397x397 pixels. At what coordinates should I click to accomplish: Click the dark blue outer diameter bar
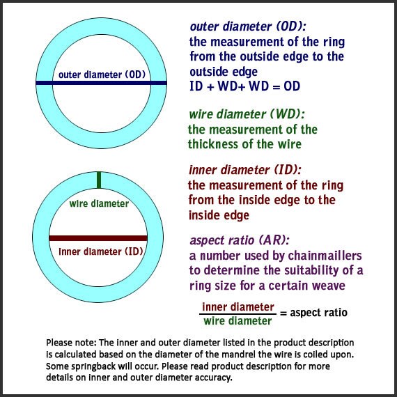pos(101,83)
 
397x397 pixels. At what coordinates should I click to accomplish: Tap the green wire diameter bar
pos(99,180)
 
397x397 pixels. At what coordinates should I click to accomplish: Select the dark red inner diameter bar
pos(98,238)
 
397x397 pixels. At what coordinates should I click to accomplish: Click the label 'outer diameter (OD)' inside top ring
pos(102,75)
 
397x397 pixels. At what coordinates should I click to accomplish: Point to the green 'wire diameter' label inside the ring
pos(99,203)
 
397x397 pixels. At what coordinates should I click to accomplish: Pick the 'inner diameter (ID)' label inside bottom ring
pos(101,251)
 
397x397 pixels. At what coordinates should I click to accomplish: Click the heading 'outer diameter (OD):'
pos(248,26)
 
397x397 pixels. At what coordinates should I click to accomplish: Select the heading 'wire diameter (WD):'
pos(247,114)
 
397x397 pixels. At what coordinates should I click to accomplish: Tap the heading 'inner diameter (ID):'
pos(245,170)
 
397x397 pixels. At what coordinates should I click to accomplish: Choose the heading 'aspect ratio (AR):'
pos(240,240)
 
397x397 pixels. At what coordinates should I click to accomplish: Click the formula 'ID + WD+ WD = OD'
pos(245,86)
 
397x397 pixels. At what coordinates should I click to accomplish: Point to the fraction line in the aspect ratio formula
pos(238,314)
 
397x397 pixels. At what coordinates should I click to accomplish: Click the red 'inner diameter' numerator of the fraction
pos(238,307)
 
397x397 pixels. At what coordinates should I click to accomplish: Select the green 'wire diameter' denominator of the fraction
pos(238,321)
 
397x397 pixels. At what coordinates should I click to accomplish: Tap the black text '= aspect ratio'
pos(313,313)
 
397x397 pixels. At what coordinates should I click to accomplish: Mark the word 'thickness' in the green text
pos(213,144)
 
